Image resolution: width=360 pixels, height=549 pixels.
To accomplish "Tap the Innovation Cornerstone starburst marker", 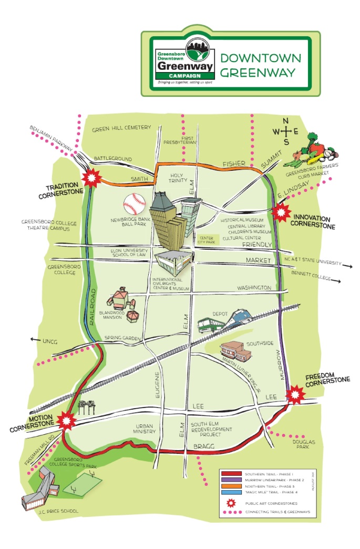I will coord(283,212).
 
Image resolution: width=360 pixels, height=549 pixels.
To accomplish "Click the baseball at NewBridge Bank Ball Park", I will coord(133,202).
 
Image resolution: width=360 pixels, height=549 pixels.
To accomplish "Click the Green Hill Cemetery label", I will coord(121,128).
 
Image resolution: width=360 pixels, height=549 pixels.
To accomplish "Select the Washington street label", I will coord(254,288).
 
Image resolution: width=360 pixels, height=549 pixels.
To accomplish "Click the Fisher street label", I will coord(233,164).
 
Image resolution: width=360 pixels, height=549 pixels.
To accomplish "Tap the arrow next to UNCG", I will coord(35,340).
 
